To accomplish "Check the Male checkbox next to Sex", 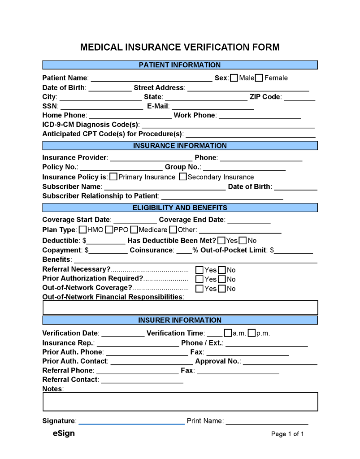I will coord(234,78).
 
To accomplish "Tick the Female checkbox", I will coord(259,78).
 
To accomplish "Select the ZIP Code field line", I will coord(299,99).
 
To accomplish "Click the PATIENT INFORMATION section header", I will coord(180,65).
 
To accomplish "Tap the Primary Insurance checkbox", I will coord(113,177).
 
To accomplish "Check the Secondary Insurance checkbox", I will coord(182,177).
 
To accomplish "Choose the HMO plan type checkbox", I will coord(83,230).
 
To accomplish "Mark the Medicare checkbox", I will coord(134,230).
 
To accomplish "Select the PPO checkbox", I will coord(109,230).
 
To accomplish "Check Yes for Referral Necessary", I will coord(200,270).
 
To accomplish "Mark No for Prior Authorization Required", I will coord(222,279).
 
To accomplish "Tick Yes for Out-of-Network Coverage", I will coord(200,289).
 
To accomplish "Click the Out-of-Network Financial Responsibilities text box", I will coord(180,307).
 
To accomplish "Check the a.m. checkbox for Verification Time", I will coord(228,333).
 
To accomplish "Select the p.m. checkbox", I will coord(252,333).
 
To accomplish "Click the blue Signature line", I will coord(131,423).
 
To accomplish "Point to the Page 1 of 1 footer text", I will coord(287,434).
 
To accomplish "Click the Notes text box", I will coord(180,402).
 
